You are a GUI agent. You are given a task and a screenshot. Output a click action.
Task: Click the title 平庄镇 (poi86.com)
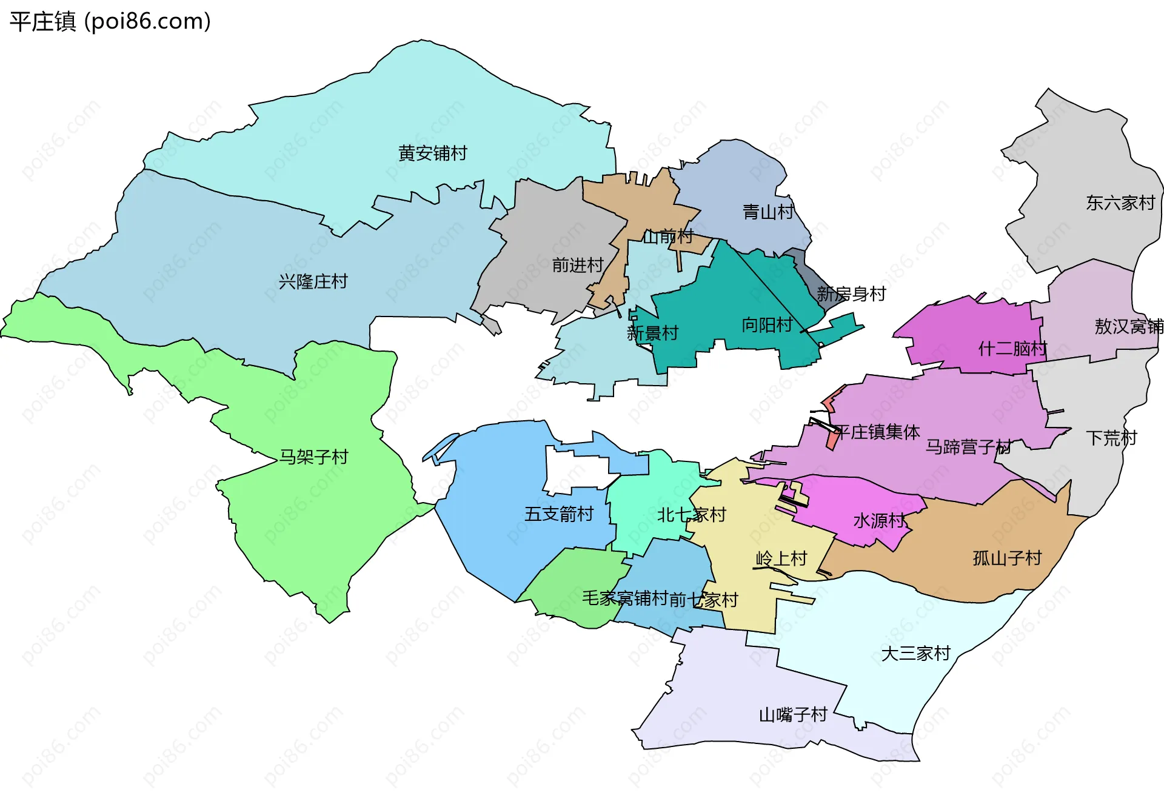coord(110,22)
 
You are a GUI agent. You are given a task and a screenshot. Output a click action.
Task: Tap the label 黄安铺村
coord(432,153)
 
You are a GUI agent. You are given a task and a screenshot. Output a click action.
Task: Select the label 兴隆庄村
coord(313,281)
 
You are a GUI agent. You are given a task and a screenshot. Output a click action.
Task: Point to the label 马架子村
coord(313,457)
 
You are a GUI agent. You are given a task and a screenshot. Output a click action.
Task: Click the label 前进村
coord(577,265)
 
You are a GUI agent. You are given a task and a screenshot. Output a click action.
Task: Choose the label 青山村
coord(768,212)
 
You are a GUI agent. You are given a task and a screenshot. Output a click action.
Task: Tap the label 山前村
coord(667,236)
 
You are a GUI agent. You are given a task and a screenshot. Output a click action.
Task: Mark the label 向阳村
coord(767,325)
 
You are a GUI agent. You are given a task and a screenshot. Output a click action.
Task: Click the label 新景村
coord(652,333)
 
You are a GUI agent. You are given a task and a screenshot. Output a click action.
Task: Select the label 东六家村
coord(1120,203)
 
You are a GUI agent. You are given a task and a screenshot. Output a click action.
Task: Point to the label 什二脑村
coord(1012,349)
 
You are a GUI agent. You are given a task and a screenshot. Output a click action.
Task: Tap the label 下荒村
coord(1111,438)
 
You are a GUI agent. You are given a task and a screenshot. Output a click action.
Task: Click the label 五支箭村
coord(558,514)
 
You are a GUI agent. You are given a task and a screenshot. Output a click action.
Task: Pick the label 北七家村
coord(691,515)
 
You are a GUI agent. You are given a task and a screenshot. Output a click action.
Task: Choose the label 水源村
coord(878,520)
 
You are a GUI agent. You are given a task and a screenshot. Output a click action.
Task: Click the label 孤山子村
coord(1007,558)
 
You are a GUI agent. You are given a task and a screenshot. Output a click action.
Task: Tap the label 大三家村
coord(915,653)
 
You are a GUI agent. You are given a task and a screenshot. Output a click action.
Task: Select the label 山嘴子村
coord(793,714)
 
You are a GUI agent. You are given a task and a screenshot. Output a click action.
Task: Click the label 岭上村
coord(781,558)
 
